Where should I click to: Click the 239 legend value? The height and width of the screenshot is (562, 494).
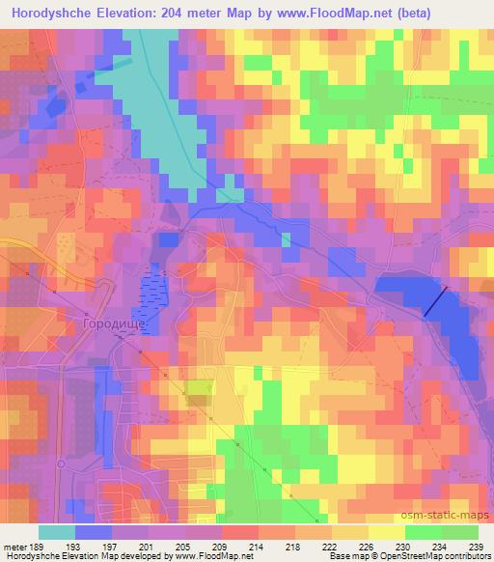click(477, 547)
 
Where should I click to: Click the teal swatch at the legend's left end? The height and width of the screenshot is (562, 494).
click(57, 532)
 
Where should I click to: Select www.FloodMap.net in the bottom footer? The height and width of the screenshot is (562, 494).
click(212, 556)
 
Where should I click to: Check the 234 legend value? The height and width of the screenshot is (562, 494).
click(441, 547)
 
